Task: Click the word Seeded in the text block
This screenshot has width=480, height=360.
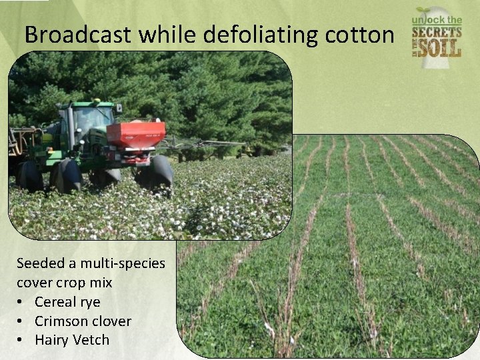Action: pyautogui.click(x=39, y=263)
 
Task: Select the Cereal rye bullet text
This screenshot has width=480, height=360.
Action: pyautogui.click(x=67, y=302)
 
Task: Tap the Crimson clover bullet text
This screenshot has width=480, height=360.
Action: pyautogui.click(x=83, y=321)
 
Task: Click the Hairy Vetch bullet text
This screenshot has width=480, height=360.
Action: pyautogui.click(x=72, y=340)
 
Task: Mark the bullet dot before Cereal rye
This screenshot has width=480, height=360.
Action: pyautogui.click(x=22, y=302)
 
